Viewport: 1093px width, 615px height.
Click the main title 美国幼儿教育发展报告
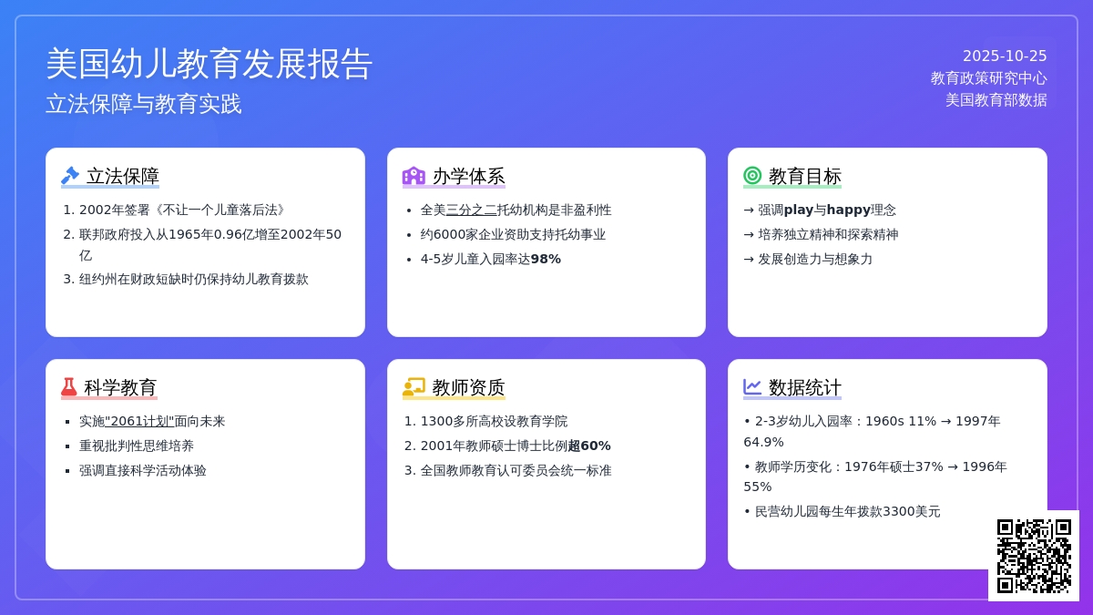(209, 64)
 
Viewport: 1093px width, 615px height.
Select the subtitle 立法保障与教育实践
(144, 104)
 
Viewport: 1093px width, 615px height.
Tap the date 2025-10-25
(1005, 56)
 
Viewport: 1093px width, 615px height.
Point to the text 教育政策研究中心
(988, 78)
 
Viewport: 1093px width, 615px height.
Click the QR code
(1034, 556)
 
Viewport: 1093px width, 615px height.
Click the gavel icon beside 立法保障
(70, 176)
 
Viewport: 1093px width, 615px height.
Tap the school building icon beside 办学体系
(414, 176)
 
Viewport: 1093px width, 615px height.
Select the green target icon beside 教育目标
(752, 176)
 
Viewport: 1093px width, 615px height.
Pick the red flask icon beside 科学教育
(69, 387)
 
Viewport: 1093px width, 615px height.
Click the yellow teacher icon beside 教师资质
(414, 387)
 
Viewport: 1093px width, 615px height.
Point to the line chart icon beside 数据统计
(752, 387)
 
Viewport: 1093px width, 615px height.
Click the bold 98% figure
(546, 259)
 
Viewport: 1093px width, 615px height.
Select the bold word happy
(849, 210)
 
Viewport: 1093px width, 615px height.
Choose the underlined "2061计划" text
(139, 421)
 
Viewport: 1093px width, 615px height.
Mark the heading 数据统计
(805, 387)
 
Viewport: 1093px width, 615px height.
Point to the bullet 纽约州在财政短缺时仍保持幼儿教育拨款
(193, 279)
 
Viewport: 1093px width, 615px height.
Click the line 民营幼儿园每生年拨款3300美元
(847, 511)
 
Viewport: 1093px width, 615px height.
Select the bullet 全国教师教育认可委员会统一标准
(516, 470)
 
